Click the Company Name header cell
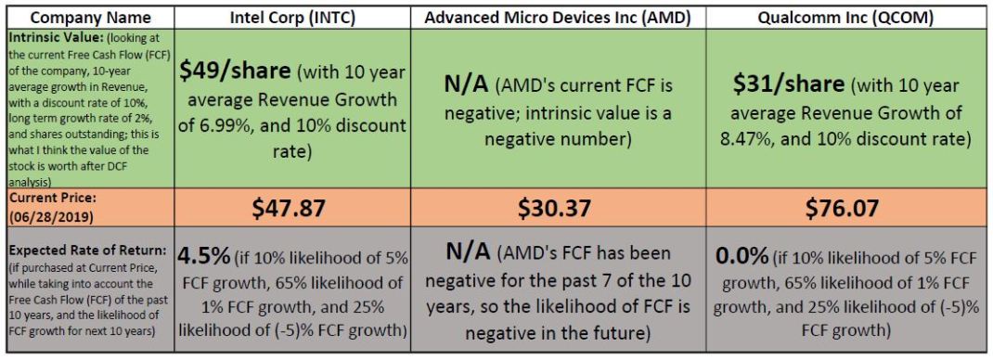(x=85, y=16)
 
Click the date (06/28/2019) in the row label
(x=43, y=215)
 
